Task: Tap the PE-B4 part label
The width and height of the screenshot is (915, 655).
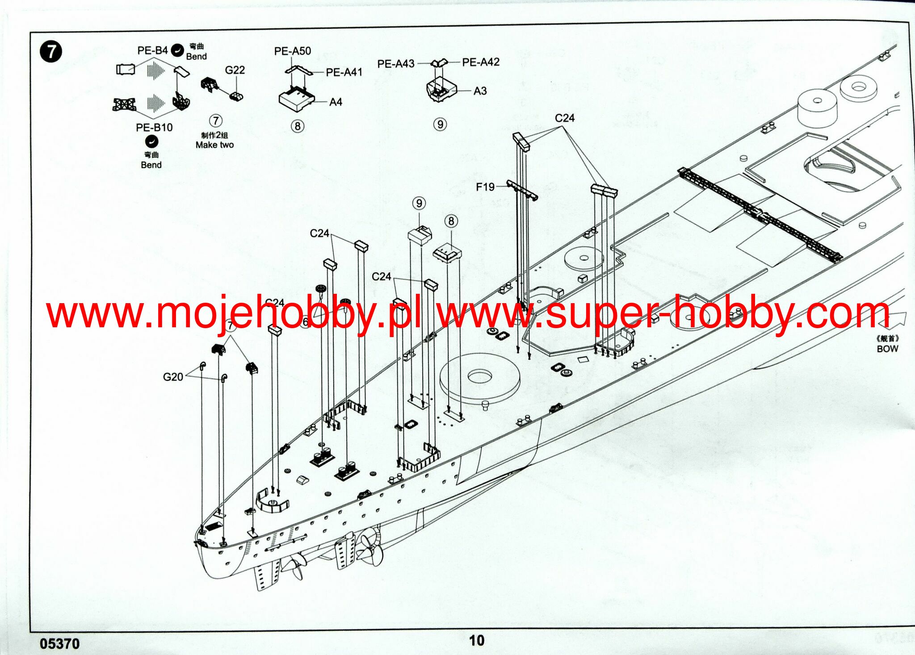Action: pyautogui.click(x=152, y=50)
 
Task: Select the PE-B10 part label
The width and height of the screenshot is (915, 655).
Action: pyautogui.click(x=154, y=127)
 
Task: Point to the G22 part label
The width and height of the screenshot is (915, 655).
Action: pyautogui.click(x=235, y=70)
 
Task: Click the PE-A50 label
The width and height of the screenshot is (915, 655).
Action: pyautogui.click(x=292, y=51)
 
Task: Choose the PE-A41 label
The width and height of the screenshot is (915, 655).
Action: pyautogui.click(x=344, y=72)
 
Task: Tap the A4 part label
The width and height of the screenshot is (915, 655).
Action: pyautogui.click(x=336, y=102)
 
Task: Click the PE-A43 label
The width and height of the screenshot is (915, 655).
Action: pyautogui.click(x=396, y=64)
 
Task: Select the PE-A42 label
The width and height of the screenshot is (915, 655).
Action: pyautogui.click(x=480, y=62)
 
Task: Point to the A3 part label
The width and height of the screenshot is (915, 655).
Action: pyautogui.click(x=480, y=91)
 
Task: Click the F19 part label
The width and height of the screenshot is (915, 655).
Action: pyautogui.click(x=485, y=187)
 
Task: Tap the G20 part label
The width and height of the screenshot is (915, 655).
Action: pyautogui.click(x=173, y=377)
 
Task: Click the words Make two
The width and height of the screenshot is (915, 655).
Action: pyautogui.click(x=214, y=145)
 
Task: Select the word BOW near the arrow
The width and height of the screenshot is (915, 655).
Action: pyautogui.click(x=887, y=349)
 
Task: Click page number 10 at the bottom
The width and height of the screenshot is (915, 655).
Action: pyautogui.click(x=476, y=640)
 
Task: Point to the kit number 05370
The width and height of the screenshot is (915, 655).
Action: pyautogui.click(x=59, y=643)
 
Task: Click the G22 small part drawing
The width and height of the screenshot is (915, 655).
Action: pyautogui.click(x=237, y=96)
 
